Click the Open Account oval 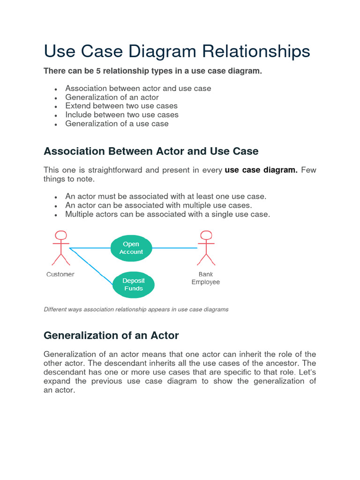click(x=131, y=248)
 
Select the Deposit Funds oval click(x=134, y=285)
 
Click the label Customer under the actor click(x=60, y=274)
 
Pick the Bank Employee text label click(x=206, y=278)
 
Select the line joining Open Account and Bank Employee click(x=174, y=248)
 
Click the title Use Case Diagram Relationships click(x=177, y=52)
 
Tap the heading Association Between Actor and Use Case click(x=151, y=151)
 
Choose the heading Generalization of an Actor click(x=111, y=335)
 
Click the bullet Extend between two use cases click(x=121, y=106)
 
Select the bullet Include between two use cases click(x=122, y=115)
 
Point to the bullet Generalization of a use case click(x=117, y=124)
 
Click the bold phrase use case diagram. click(x=261, y=170)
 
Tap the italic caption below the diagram click(x=136, y=309)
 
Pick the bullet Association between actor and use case click(x=138, y=89)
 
